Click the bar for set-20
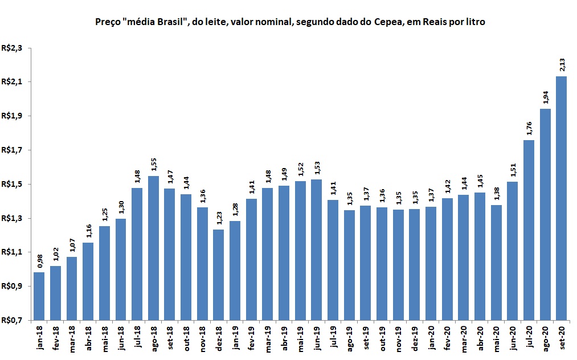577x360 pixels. point(561,198)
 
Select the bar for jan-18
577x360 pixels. point(39,296)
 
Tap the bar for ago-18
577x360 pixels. point(153,247)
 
